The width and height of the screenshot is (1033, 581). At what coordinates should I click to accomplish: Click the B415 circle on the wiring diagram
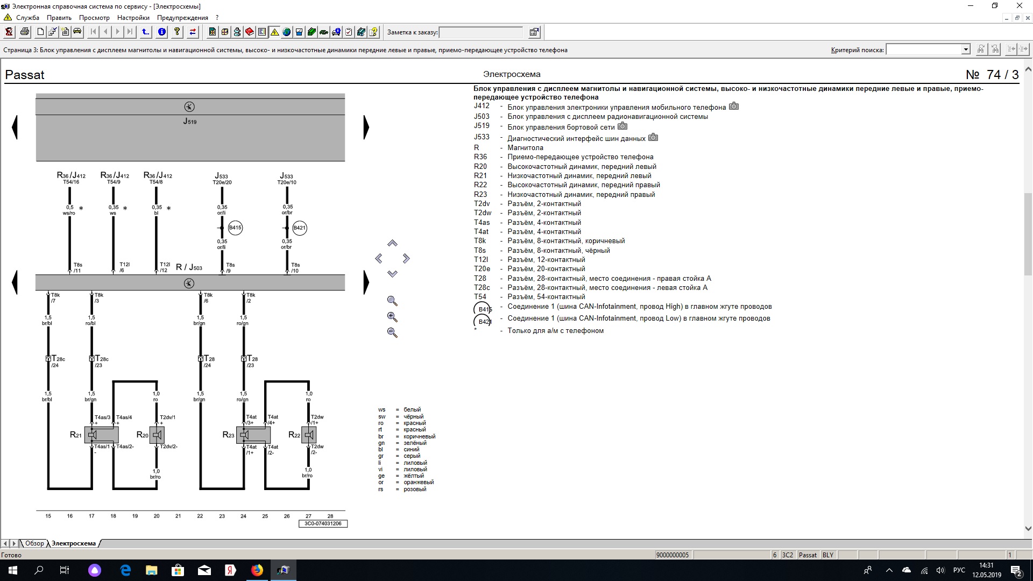tap(235, 228)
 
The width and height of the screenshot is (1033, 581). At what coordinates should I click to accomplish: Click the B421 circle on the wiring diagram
tap(300, 228)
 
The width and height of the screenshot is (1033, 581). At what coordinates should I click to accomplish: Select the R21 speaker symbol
tap(93, 435)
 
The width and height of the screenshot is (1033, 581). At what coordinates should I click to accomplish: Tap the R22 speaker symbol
tap(309, 435)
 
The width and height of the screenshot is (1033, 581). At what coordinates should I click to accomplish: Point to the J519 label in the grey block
tap(189, 122)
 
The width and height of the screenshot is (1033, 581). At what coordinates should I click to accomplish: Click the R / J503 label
tap(189, 267)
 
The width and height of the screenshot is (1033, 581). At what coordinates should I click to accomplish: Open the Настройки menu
tap(133, 18)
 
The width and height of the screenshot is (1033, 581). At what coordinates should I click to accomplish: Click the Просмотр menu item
tap(94, 18)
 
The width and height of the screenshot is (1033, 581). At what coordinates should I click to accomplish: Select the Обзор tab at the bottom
tap(34, 543)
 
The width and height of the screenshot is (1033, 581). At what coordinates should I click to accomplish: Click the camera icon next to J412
tap(734, 107)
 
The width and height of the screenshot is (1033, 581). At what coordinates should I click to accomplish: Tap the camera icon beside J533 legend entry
tap(653, 137)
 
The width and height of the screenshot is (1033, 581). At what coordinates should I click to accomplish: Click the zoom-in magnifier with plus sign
tap(392, 317)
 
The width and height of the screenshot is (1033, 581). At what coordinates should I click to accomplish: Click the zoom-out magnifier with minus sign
tap(392, 333)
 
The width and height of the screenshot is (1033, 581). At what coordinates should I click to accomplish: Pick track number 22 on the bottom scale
tap(200, 516)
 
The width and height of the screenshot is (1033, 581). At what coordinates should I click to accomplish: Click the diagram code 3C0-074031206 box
tap(323, 523)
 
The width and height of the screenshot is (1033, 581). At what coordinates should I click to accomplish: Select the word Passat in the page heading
tap(25, 75)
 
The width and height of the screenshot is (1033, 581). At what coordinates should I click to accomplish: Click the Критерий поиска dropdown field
tap(928, 49)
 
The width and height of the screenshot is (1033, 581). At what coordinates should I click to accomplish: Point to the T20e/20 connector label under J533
tap(222, 182)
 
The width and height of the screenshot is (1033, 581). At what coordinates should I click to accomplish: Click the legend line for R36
tap(564, 157)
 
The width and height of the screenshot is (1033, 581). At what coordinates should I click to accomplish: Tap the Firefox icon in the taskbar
tap(257, 570)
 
